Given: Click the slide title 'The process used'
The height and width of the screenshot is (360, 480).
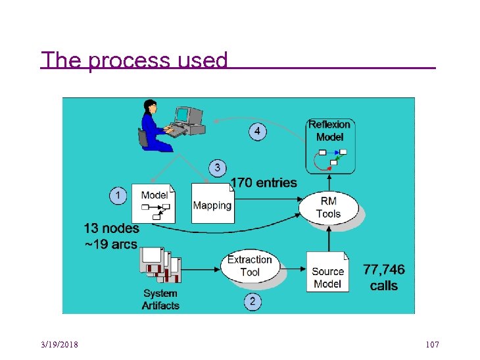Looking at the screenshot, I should [134, 60].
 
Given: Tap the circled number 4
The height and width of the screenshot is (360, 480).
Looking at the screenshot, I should [258, 132].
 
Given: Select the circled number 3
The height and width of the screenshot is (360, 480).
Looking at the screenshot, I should [218, 168].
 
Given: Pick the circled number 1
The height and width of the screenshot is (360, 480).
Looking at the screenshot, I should [118, 195].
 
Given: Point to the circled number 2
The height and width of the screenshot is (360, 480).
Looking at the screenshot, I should [253, 302].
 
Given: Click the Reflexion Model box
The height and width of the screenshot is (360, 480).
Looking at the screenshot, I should [330, 145].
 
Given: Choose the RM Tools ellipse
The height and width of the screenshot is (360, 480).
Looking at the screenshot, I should [328, 207].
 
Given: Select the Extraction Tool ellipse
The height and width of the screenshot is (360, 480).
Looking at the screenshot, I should [250, 266].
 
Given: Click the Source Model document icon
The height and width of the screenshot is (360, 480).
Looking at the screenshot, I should [327, 272].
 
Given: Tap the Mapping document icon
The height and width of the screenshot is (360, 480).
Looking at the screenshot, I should [212, 203].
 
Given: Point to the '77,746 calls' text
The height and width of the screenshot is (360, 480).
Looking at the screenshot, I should [384, 277].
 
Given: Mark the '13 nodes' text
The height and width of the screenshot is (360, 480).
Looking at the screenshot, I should [112, 228].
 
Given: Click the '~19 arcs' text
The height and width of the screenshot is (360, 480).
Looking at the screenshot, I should [110, 245].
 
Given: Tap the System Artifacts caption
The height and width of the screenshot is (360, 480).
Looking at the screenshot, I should [160, 299].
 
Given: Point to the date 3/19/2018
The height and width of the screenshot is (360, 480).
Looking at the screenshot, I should [59, 345].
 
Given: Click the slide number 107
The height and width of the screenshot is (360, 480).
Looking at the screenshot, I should [432, 345].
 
